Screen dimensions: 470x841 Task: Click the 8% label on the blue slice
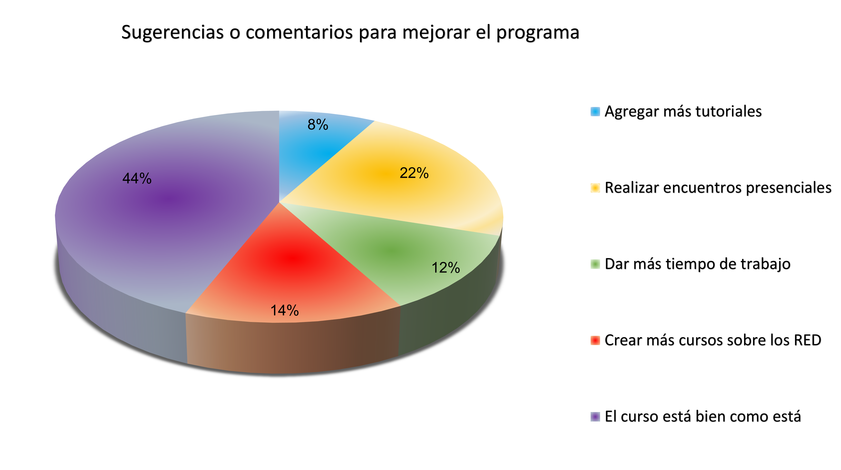tap(318, 124)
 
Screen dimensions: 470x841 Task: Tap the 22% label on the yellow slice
tap(414, 173)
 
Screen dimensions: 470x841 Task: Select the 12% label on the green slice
tap(446, 268)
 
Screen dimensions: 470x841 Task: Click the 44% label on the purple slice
tap(137, 179)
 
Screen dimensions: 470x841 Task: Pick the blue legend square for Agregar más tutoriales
tap(595, 112)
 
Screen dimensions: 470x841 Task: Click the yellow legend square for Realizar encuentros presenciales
tap(595, 188)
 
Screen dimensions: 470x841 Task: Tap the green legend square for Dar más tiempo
tap(595, 264)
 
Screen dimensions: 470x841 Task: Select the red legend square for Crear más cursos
tap(595, 340)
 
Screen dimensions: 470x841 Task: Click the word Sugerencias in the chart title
tap(172, 33)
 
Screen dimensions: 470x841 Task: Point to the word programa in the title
tap(538, 33)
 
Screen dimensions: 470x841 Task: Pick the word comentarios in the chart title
tap(299, 33)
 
